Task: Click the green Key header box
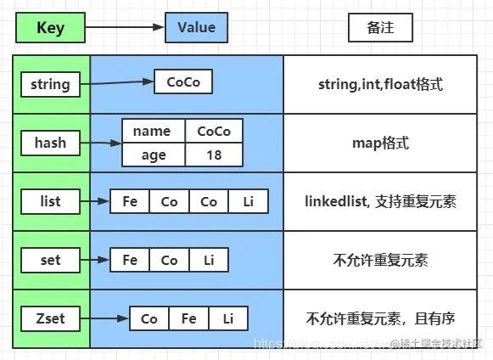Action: click(x=50, y=28)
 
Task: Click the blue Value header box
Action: click(x=196, y=28)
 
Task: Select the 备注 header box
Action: click(x=380, y=28)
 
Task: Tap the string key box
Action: click(x=50, y=85)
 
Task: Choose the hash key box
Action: click(x=50, y=143)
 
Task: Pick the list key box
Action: click(x=50, y=202)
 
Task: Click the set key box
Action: click(x=50, y=260)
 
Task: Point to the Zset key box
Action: click(x=50, y=319)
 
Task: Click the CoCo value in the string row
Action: click(x=182, y=82)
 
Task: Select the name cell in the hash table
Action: click(x=152, y=131)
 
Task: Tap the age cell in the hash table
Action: click(x=152, y=155)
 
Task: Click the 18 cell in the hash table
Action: click(x=213, y=155)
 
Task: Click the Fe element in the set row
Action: click(x=130, y=260)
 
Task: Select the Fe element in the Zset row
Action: click(x=188, y=319)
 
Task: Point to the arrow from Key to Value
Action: click(x=126, y=28)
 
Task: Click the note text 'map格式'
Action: click(x=380, y=143)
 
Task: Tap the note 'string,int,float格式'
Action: click(x=380, y=85)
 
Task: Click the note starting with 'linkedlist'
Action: click(x=380, y=202)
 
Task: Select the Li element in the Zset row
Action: click(x=227, y=319)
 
